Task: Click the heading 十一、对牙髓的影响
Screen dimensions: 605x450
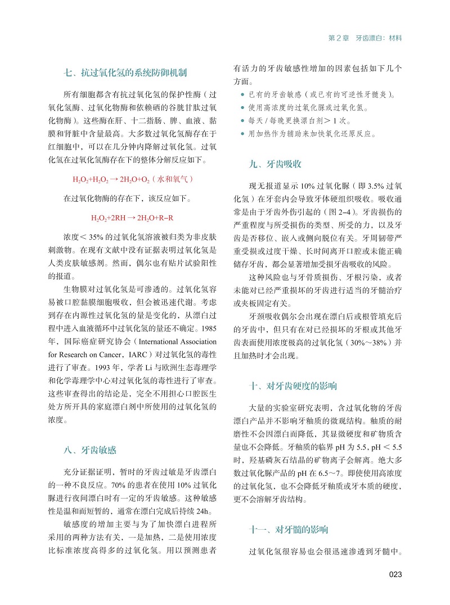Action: (x=289, y=530)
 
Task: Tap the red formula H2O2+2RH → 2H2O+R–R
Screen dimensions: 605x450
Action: (x=132, y=218)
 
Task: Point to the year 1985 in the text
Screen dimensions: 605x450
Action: (x=208, y=327)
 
